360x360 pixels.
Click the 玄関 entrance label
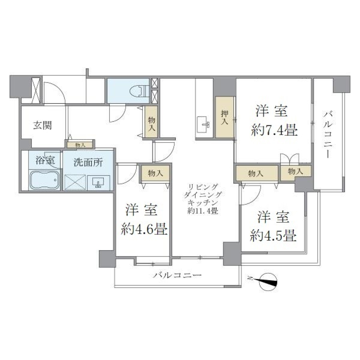click(x=44, y=125)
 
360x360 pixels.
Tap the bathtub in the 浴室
click(x=45, y=180)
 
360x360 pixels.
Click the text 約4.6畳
click(x=144, y=229)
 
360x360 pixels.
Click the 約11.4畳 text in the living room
click(x=203, y=211)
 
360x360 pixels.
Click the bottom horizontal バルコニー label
click(x=177, y=276)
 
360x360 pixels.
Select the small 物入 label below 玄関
click(x=80, y=144)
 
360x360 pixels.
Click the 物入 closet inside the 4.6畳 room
click(x=155, y=173)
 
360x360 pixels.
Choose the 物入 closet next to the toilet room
click(x=151, y=123)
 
